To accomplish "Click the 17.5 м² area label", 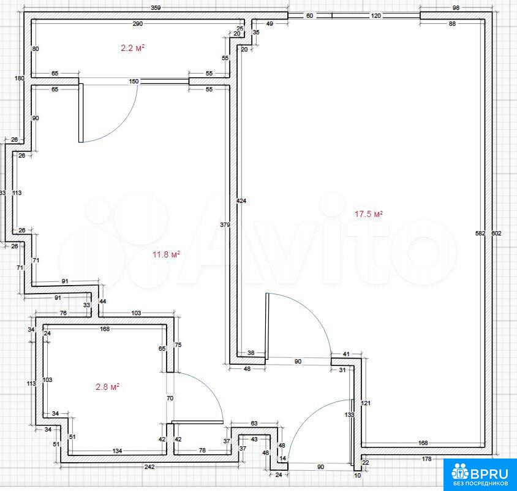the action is (x=368, y=214).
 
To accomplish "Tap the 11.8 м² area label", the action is (x=166, y=254).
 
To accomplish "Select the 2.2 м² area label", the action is (x=132, y=48).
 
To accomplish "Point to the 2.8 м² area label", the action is (x=107, y=386).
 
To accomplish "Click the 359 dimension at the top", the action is (x=156, y=8).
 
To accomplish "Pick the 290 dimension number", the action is (x=137, y=24).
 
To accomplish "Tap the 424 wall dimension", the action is (x=241, y=200).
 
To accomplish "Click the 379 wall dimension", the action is (x=225, y=225).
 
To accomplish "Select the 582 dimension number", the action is (x=480, y=234).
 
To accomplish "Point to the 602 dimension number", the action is (x=497, y=234).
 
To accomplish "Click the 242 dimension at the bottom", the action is (x=149, y=467).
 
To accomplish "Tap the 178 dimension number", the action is (x=427, y=459).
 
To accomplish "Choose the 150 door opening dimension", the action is (x=134, y=81).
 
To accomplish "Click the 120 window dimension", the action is (x=376, y=15).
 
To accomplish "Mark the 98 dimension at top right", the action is (x=456, y=7).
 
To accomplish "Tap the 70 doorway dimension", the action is (x=170, y=398).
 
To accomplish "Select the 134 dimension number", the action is (x=118, y=451).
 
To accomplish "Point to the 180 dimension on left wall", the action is (x=20, y=78).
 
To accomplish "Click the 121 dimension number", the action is (x=366, y=403).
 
